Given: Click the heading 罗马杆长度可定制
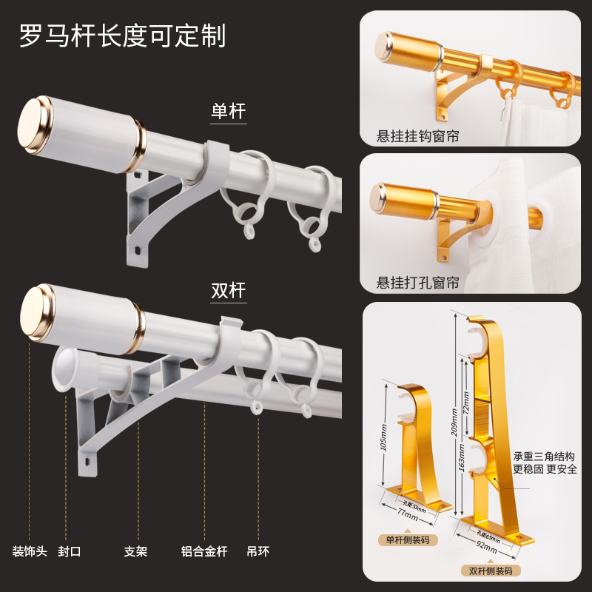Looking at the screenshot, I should click(123, 36).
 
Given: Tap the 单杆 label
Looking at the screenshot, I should click(228, 112).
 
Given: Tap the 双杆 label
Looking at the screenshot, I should click(228, 289).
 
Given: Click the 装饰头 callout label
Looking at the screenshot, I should click(30, 551).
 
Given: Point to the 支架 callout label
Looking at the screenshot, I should click(135, 551).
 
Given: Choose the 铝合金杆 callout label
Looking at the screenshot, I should click(204, 551).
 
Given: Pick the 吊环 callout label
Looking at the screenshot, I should click(258, 551).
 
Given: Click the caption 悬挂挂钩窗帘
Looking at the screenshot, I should click(418, 136).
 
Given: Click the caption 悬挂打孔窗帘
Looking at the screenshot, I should click(418, 283).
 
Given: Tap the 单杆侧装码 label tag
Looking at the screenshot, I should click(408, 540).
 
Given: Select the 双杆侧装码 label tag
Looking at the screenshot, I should click(490, 570).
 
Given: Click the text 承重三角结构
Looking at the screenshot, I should click(543, 457).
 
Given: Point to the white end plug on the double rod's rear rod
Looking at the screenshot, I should click(66, 367).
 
